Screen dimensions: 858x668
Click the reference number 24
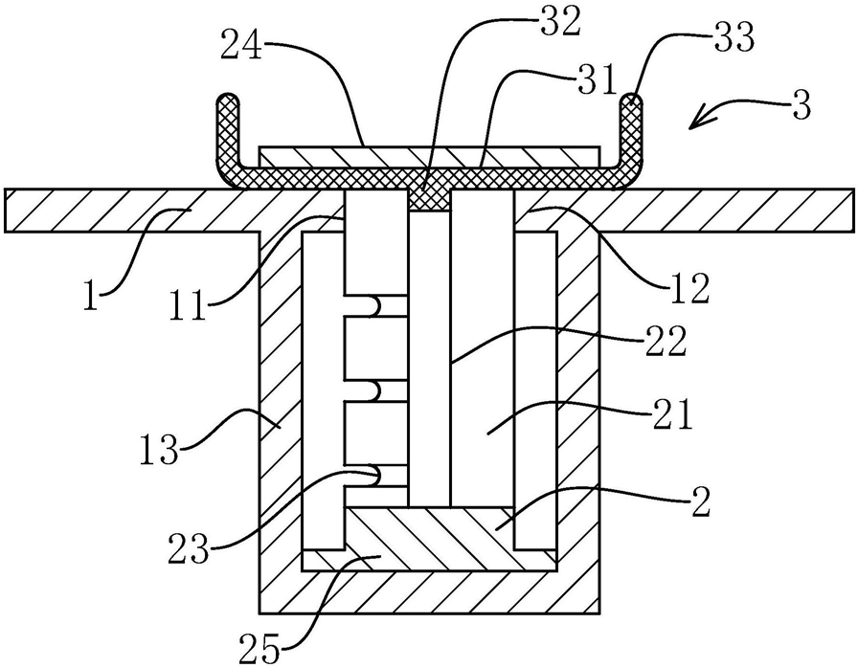(241, 49)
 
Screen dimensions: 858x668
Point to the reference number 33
(734, 37)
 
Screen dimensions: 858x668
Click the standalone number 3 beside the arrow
(800, 105)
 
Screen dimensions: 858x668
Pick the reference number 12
(689, 289)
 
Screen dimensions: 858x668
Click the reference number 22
(665, 341)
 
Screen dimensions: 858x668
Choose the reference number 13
(159, 450)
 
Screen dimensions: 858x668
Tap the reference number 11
(188, 304)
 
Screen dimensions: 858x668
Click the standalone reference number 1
(90, 295)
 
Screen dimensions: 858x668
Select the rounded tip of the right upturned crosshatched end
(631, 99)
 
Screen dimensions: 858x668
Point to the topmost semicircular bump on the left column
(373, 306)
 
